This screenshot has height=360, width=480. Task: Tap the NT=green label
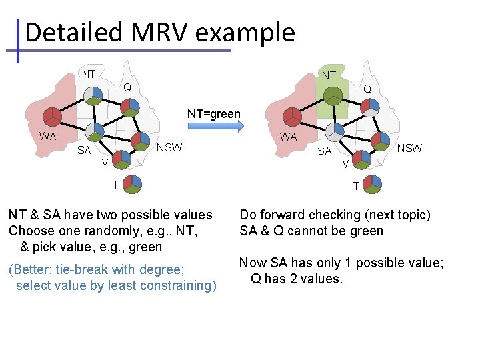(213, 114)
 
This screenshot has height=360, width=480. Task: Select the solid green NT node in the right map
(332, 95)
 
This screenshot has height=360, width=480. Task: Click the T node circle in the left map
(133, 184)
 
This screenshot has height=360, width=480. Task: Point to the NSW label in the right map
(409, 148)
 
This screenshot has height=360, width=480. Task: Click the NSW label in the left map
(169, 147)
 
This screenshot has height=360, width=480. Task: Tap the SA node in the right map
(336, 132)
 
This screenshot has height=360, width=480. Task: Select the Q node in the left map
(129, 107)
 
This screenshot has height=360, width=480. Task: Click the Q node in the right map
(369, 107)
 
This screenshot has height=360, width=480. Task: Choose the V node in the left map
(121, 159)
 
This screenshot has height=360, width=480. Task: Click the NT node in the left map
(93, 95)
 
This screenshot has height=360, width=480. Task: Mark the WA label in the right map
(288, 137)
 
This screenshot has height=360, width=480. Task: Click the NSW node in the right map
(380, 140)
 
